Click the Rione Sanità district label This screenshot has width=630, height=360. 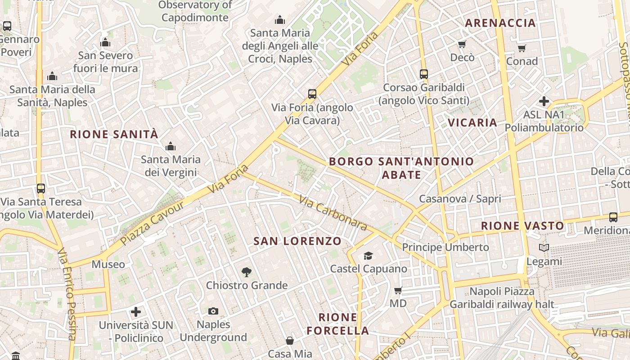click(x=114, y=134)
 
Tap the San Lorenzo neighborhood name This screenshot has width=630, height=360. click(x=297, y=241)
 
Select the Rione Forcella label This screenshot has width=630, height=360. click(x=337, y=324)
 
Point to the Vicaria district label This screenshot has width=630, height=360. click(x=472, y=122)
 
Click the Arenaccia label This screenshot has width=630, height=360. click(x=500, y=23)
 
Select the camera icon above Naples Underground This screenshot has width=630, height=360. click(x=213, y=311)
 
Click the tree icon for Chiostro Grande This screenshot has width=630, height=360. click(x=246, y=272)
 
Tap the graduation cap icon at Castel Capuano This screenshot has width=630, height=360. click(x=368, y=256)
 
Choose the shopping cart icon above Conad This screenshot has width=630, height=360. click(x=522, y=48)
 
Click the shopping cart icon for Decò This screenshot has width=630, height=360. click(x=462, y=44)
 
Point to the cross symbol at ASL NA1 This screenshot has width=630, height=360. click(x=544, y=101)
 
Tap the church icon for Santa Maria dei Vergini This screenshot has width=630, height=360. click(x=170, y=146)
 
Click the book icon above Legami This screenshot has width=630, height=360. click(x=544, y=247)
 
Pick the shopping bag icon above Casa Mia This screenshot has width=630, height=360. click(x=290, y=340)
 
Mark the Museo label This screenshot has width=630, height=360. click(x=108, y=264)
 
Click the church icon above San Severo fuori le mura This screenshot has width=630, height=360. click(x=105, y=43)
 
